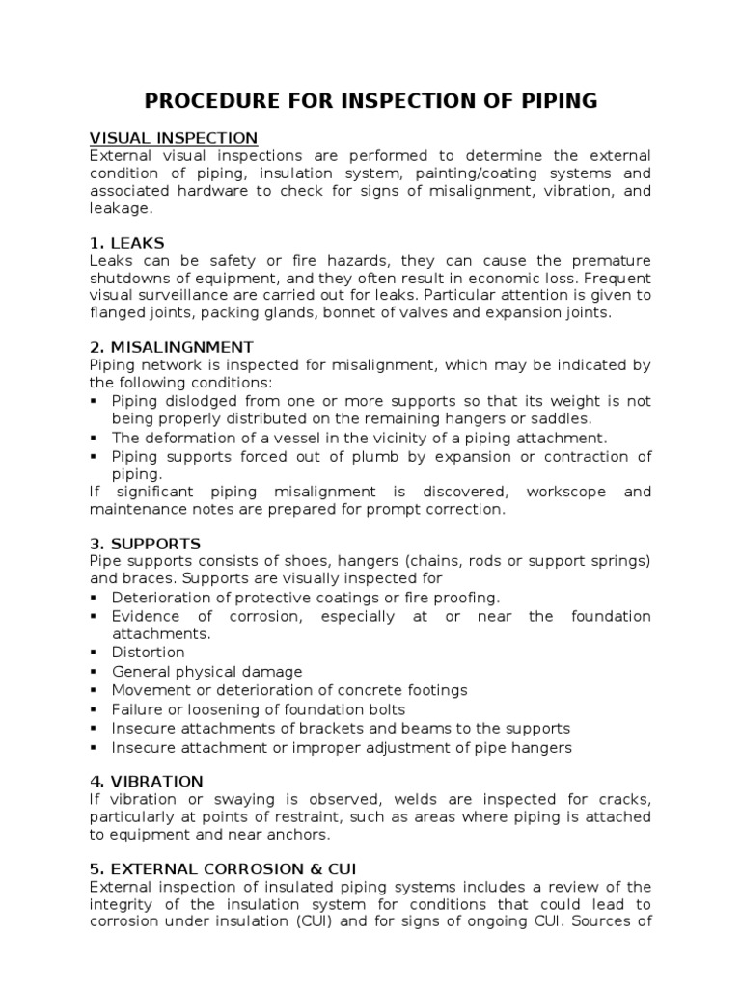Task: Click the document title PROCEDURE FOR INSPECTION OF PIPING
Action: click(370, 100)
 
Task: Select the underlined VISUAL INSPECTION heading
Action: click(174, 138)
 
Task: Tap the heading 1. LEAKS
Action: click(127, 242)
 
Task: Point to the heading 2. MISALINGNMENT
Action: click(172, 346)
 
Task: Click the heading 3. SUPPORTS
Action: click(145, 544)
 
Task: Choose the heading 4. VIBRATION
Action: click(147, 780)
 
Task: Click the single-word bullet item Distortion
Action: click(148, 653)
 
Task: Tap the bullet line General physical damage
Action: click(206, 671)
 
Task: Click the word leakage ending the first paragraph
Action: click(121, 208)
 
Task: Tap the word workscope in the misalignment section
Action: click(567, 492)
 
